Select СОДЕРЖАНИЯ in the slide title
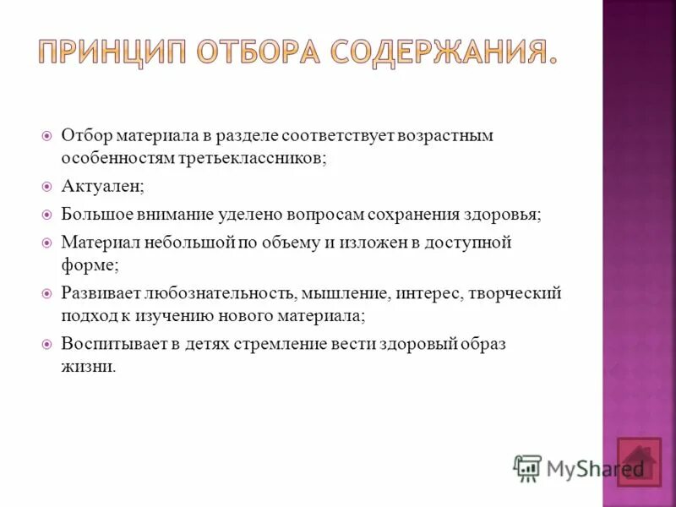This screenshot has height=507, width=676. [x=444, y=52]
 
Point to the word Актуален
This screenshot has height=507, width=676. [x=94, y=186]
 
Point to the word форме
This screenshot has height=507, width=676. [x=89, y=265]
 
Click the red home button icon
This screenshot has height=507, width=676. [x=639, y=462]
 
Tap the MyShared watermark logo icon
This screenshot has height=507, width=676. [x=527, y=468]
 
